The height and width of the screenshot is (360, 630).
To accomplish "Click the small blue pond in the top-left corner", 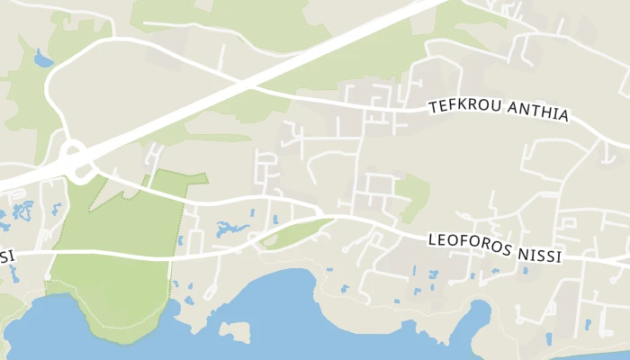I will pyautogui.click(x=43, y=60).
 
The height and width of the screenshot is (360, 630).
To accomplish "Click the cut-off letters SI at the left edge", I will pyautogui.click(x=6, y=256).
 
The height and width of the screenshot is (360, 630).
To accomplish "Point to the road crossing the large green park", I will pyautogui.click(x=108, y=257).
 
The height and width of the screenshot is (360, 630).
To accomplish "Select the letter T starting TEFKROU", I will pyautogui.click(x=434, y=104).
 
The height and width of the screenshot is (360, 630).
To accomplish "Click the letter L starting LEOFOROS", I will pyautogui.click(x=431, y=238).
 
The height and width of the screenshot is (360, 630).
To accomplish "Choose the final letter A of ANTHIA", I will pyautogui.click(x=563, y=116).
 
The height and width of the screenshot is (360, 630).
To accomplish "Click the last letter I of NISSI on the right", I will pyautogui.click(x=558, y=257).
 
